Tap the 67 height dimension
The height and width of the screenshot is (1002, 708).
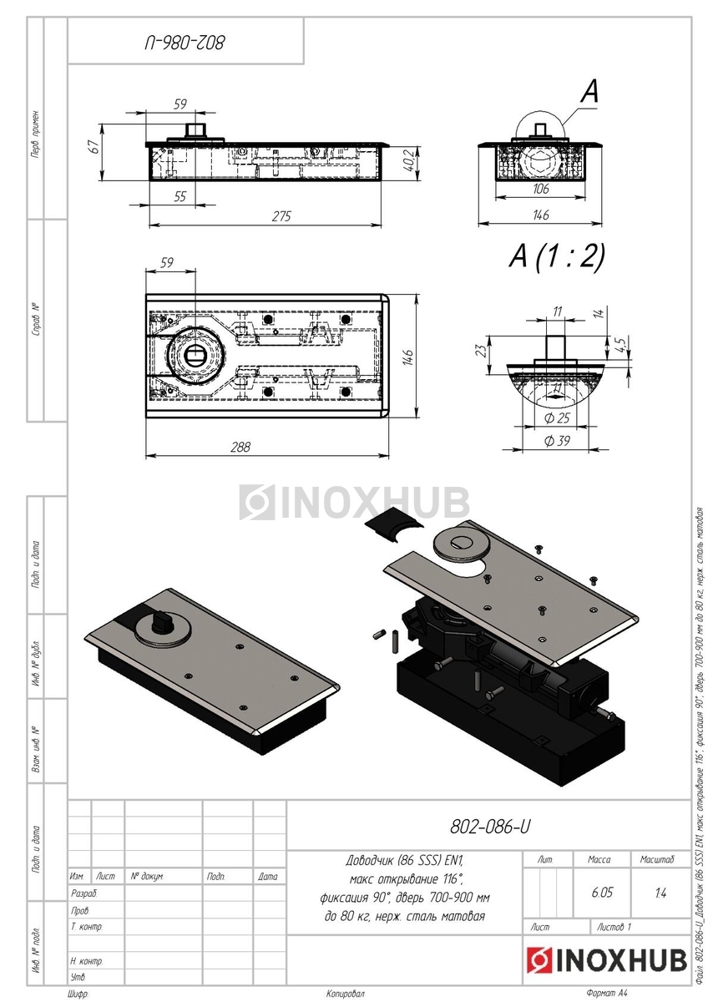[x=94, y=146]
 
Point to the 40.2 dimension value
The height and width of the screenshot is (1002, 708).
[x=408, y=160]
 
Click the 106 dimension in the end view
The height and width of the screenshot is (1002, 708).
[x=540, y=190]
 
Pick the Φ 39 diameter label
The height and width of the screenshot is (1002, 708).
[x=555, y=441]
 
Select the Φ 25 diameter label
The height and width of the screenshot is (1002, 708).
[x=555, y=417]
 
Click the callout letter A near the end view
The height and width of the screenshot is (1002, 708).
[x=589, y=93]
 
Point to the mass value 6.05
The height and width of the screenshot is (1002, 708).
[x=601, y=893]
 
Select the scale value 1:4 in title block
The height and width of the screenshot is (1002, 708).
[x=660, y=893]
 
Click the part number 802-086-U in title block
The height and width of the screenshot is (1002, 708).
[x=489, y=827]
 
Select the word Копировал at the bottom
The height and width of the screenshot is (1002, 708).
[x=346, y=994]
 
